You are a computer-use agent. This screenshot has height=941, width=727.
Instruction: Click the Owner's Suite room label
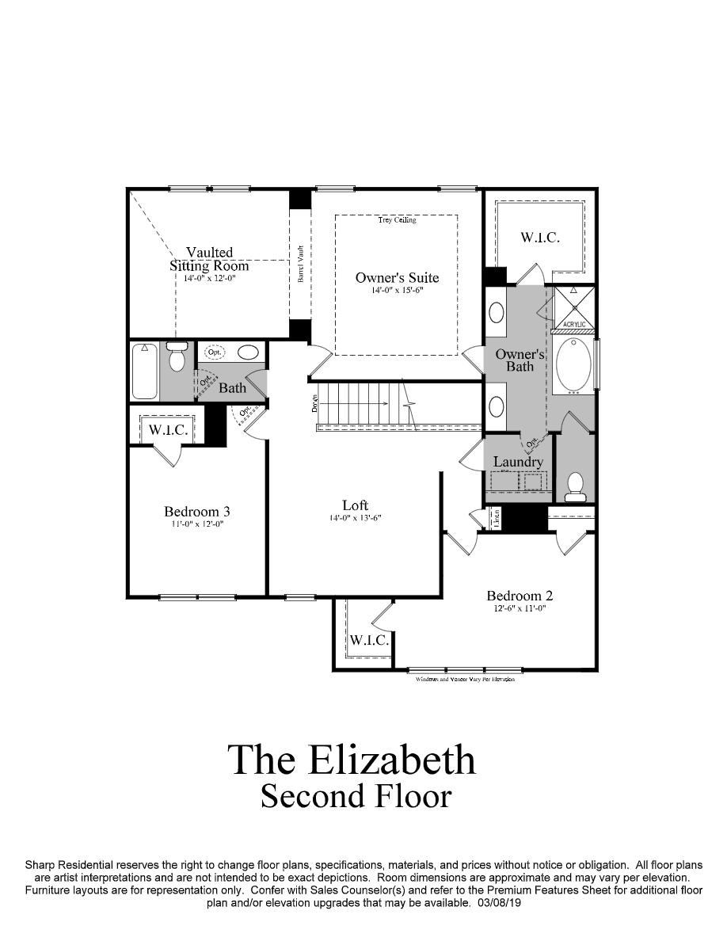(x=397, y=278)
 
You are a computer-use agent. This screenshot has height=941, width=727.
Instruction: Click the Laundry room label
(x=518, y=462)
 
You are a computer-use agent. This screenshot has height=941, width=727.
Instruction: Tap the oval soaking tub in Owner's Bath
(x=573, y=365)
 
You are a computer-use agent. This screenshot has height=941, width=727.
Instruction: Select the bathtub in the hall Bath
(x=144, y=371)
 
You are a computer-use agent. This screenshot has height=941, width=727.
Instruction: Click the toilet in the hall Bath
(x=177, y=357)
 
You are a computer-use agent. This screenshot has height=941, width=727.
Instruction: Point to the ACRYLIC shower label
(x=573, y=325)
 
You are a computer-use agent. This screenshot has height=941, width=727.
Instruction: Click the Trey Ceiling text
(x=397, y=220)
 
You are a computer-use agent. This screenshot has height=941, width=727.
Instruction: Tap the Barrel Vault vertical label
(x=301, y=265)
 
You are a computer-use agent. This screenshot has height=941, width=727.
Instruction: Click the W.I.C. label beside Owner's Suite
(x=540, y=237)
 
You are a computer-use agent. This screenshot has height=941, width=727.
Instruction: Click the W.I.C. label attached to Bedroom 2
(x=368, y=640)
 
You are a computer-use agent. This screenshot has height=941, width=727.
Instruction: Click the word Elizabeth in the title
(x=390, y=760)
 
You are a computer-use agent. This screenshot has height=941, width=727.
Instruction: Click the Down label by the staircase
(x=314, y=403)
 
